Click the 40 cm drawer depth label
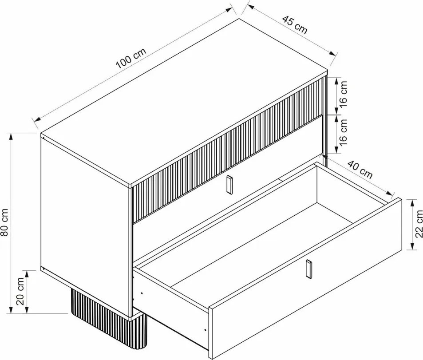click(360, 170)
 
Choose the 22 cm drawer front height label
click(419, 224)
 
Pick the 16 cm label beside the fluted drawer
click(343, 95)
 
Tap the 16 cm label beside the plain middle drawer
click(343, 133)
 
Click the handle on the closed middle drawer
click(229, 184)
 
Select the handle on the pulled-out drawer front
click(308, 269)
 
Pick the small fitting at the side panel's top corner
click(43, 138)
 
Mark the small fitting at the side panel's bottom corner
click(43, 269)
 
